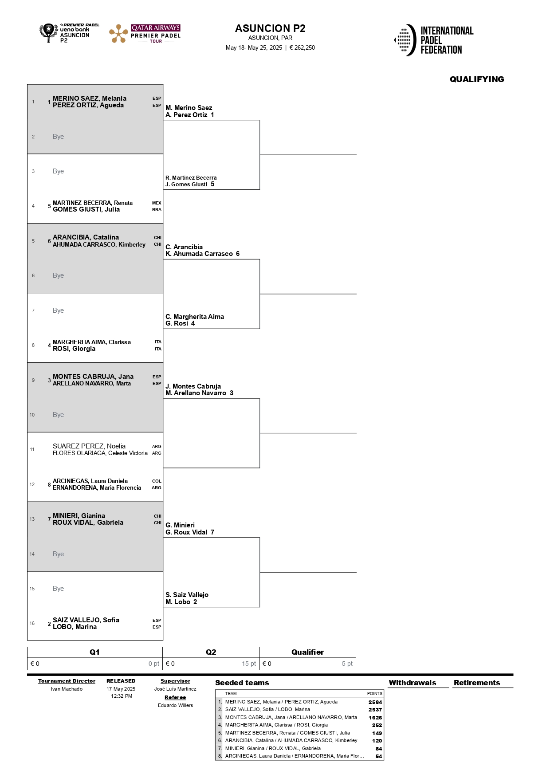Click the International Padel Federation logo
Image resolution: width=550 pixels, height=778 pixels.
(434, 40)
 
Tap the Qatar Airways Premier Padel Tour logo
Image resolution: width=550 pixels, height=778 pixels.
(145, 34)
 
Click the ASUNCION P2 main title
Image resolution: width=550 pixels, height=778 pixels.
(270, 28)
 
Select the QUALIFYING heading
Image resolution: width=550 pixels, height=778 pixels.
(477, 79)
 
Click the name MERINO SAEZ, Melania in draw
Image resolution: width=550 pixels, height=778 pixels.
(90, 98)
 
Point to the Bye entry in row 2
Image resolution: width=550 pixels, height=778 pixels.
(58, 137)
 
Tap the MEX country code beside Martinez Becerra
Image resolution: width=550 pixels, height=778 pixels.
(157, 203)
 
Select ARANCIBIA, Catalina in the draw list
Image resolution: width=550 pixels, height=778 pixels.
(86, 237)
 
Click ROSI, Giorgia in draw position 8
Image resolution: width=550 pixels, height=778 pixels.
(74, 349)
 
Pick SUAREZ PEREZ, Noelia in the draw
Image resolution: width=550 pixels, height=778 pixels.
(89, 446)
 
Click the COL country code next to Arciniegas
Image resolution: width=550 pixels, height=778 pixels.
(157, 481)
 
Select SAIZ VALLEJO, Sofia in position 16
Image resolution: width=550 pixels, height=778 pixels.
(86, 620)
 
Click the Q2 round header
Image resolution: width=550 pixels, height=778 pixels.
(211, 652)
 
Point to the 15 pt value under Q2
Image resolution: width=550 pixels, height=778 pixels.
(249, 664)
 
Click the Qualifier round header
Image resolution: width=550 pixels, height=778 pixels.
(307, 652)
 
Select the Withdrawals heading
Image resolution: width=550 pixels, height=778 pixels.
(412, 683)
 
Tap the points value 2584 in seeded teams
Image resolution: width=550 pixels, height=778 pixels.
(375, 702)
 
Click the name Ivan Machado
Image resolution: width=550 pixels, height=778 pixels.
(67, 689)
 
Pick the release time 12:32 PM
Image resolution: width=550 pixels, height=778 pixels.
(122, 696)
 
